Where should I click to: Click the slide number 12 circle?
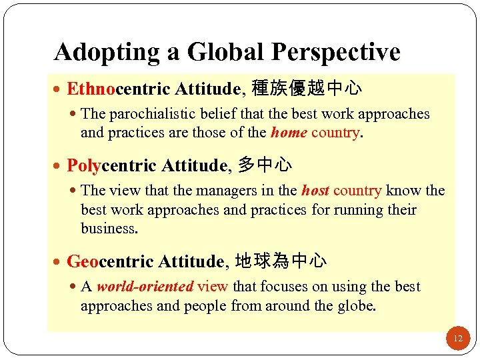[457, 339]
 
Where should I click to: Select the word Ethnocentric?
[105, 88]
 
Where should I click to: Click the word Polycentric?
[102, 164]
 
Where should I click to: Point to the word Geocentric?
[100, 261]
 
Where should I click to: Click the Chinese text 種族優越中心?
[307, 88]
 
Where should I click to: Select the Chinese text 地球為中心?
[281, 261]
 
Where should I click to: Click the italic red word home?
[289, 133]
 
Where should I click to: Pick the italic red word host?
[315, 191]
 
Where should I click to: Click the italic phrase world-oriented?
[145, 287]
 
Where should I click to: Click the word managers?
[201, 191]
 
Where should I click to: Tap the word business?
[109, 229]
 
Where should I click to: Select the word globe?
[357, 305]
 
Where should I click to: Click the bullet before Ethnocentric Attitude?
[60, 89]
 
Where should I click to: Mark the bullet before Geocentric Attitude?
[60, 261]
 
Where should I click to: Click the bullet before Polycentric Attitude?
[60, 165]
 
